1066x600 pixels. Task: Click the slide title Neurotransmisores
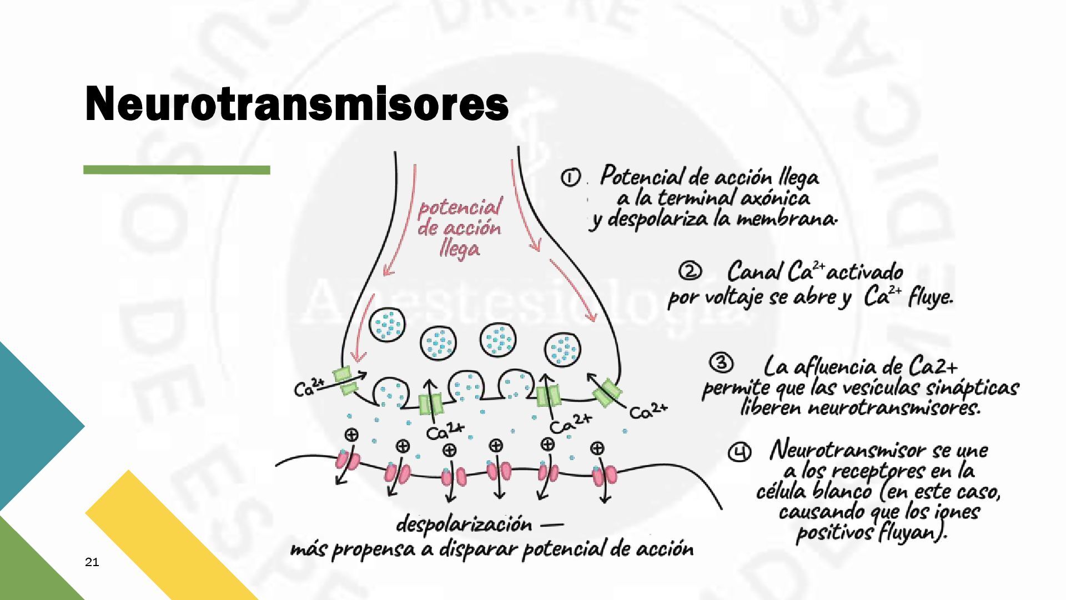point(296,104)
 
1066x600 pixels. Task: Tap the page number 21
point(92,562)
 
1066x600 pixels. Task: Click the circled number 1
point(570,178)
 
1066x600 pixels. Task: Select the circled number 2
point(690,272)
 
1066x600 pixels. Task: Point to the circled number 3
point(721,363)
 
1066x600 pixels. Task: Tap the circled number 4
point(739,453)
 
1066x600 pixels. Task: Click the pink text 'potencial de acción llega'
point(459,228)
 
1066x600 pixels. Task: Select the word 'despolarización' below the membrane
point(464,524)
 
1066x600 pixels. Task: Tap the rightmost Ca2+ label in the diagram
point(648,411)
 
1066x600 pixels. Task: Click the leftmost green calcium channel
point(345,381)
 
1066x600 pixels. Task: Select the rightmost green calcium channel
point(607,392)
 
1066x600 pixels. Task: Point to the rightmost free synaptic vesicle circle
point(563,350)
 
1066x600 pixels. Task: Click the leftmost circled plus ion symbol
point(351,434)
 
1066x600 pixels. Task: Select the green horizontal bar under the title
point(177,170)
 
